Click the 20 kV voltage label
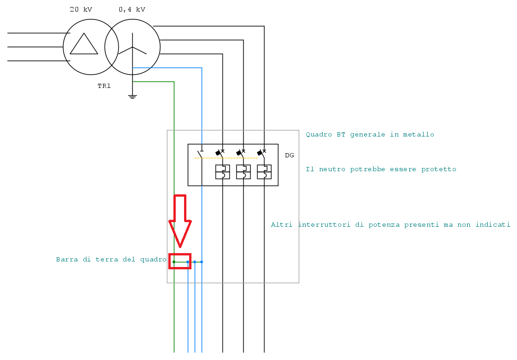pos(81,9)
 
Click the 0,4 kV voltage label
pos(132,10)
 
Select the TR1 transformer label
pos(104,86)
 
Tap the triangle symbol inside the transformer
pos(84,43)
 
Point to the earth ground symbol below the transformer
pos(133,97)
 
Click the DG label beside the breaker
pos(289,155)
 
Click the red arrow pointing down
pos(180,221)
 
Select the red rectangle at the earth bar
pos(180,261)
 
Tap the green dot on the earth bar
pos(174,262)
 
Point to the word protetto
pos(439,169)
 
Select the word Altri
pos(282,225)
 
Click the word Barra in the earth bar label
pos(67,260)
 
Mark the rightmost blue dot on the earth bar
pos(202,262)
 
